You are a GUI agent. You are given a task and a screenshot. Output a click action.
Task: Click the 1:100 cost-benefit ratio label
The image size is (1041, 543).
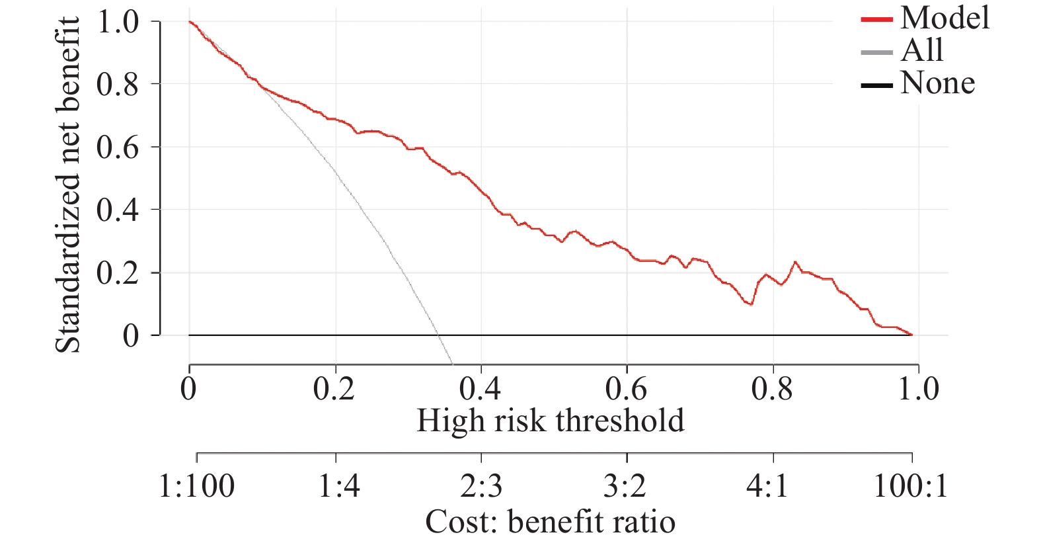(196, 487)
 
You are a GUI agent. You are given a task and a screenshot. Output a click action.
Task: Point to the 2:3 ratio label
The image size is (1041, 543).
(481, 487)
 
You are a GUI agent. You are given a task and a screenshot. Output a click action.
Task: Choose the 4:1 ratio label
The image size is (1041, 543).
(767, 487)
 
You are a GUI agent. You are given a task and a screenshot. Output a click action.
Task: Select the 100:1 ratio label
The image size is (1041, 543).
(911, 487)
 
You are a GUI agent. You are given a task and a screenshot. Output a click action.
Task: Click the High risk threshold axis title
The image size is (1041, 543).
(550, 421)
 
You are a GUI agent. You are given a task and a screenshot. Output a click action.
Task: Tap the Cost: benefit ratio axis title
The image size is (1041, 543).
(550, 522)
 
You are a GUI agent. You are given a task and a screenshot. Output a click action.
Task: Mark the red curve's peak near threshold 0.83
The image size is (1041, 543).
(795, 262)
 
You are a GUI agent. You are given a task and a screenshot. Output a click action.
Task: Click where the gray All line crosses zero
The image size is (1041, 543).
(438, 335)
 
